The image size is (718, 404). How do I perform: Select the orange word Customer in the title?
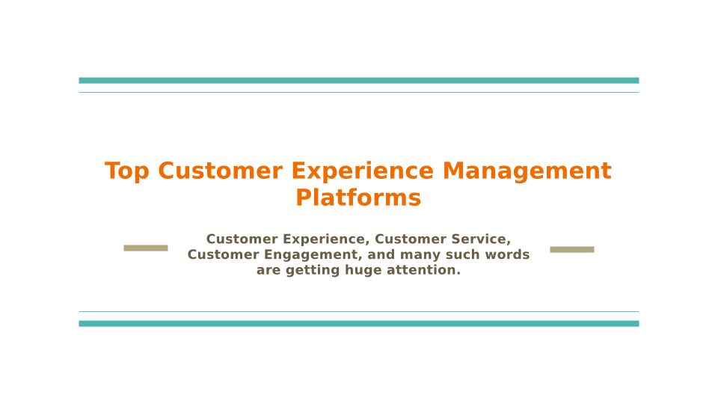[x=220, y=171]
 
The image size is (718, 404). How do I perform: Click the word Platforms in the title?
[x=358, y=198]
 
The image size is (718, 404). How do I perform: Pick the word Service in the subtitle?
[x=481, y=239]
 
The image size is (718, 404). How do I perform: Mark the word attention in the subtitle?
[x=423, y=270]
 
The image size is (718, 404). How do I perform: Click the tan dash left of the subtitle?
[x=146, y=248]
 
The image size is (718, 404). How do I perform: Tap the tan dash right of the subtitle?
[x=572, y=249]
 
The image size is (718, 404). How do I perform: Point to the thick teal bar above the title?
[x=359, y=81]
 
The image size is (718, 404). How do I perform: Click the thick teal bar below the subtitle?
[x=359, y=323]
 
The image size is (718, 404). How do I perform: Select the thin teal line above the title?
[x=359, y=93]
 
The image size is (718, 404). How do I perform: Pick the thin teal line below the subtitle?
[x=359, y=311]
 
